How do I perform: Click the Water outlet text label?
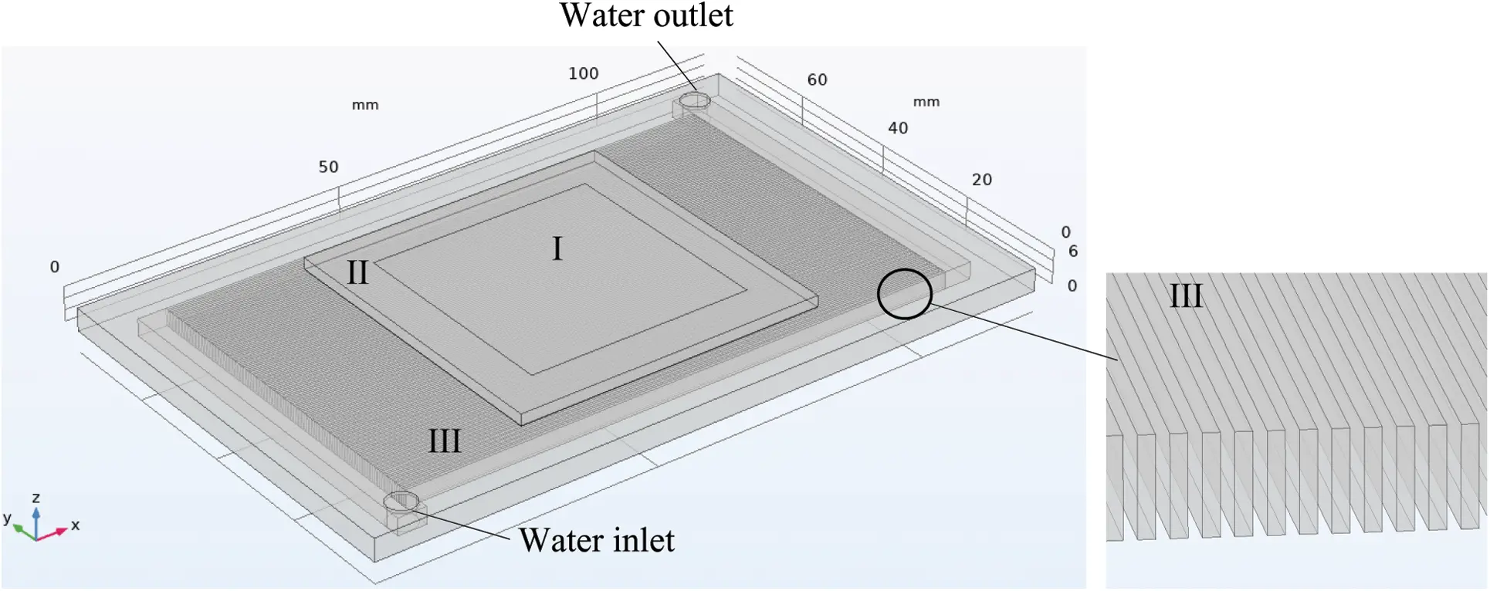tap(646, 15)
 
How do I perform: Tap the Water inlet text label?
tap(596, 540)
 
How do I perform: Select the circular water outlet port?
tap(695, 100)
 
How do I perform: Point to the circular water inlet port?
tap(401, 502)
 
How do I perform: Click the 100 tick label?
tap(584, 73)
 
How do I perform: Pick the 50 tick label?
tap(328, 167)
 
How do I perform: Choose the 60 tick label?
tap(817, 79)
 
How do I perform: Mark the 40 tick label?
tap(898, 128)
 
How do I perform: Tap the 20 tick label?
tap(981, 180)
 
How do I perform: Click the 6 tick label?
tap(1072, 251)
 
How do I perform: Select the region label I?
tap(557, 249)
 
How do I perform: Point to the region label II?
tap(357, 272)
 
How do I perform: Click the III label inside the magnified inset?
tap(1186, 296)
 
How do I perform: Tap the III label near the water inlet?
tap(445, 441)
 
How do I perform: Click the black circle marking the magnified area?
tap(905, 293)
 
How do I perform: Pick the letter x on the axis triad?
tap(76, 525)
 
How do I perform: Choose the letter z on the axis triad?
tap(36, 498)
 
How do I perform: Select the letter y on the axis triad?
tap(7, 518)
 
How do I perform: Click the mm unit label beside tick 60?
tap(926, 102)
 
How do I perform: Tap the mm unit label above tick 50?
tap(365, 105)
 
